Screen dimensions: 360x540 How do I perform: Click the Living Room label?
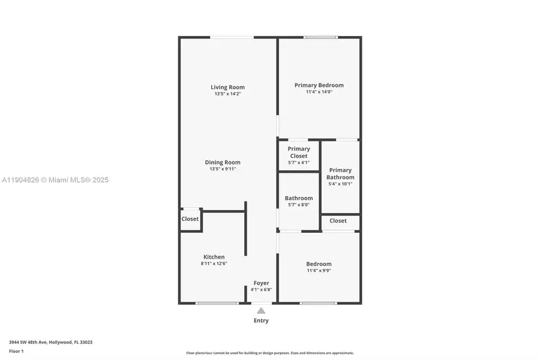(227, 87)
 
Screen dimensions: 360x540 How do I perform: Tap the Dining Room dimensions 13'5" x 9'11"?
(223, 169)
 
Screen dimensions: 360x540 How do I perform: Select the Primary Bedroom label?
(319, 85)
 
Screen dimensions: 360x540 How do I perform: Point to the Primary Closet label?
(298, 152)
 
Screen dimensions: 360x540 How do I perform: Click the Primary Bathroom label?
(340, 173)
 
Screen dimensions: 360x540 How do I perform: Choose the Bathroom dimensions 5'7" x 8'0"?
(298, 205)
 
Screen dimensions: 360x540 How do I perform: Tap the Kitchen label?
(214, 257)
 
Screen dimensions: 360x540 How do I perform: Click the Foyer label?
(261, 283)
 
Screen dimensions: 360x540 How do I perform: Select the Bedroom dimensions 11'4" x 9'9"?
(319, 271)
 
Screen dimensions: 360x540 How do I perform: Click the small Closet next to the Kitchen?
(190, 219)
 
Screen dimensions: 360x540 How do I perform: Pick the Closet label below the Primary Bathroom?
(338, 221)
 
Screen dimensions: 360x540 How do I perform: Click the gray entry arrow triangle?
(261, 310)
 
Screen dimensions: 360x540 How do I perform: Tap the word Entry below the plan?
(261, 320)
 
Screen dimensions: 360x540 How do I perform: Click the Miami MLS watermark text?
(55, 180)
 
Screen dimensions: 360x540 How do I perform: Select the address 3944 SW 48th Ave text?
(50, 342)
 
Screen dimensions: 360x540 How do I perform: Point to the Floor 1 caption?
(16, 350)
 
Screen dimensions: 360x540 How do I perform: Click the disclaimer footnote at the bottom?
(269, 353)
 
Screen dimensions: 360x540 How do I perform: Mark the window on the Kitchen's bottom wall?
(217, 303)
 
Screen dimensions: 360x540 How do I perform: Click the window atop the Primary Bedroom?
(321, 37)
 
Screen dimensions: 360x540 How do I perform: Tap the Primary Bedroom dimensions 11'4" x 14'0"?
(319, 92)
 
